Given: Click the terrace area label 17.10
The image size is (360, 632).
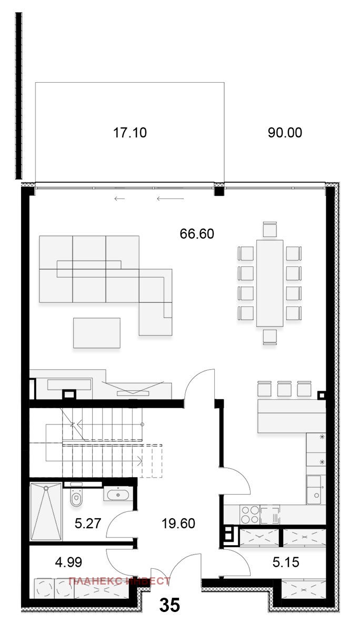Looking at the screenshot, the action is (129, 133).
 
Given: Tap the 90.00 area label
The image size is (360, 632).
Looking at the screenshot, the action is (285, 133).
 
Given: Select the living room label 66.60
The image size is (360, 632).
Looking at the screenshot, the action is (197, 234).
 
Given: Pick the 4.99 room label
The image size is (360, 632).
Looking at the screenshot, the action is (68, 562).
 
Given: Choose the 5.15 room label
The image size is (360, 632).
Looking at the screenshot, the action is (286, 562).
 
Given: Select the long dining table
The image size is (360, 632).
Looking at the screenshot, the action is (270, 283).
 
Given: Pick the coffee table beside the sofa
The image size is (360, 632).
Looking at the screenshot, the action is (97, 333).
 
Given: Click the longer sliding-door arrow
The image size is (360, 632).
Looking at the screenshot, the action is (171, 199).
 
